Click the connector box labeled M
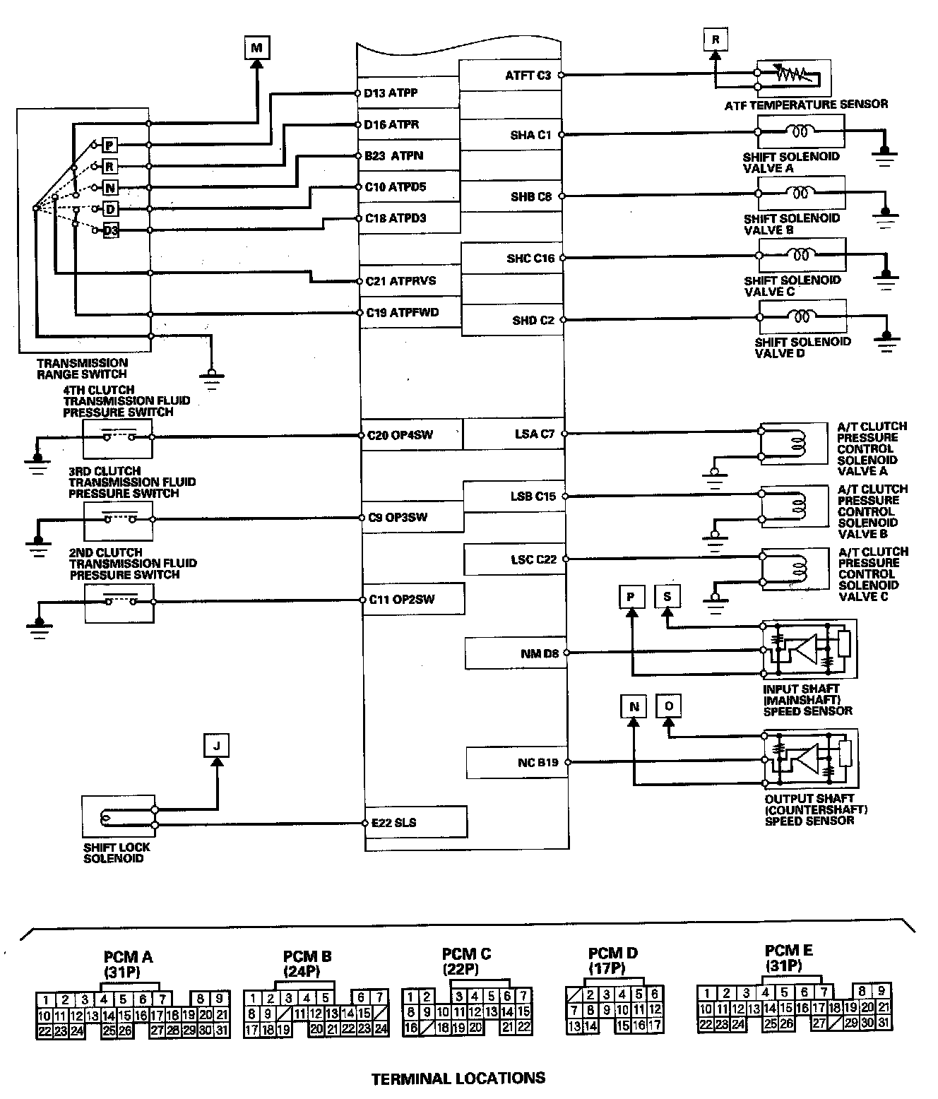pos(256,48)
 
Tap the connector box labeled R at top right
pos(716,40)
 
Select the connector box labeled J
pos(217,745)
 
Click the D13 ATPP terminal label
pos(391,93)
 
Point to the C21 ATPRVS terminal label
pos(400,281)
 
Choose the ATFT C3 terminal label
pos(528,75)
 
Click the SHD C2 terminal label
pos(533,321)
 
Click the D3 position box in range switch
pos(111,230)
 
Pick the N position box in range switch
pos(109,188)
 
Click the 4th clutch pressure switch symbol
pos(118,437)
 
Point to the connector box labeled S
pos(667,597)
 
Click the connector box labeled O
pos(669,706)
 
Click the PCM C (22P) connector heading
pos(466,961)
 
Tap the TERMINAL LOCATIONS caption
pos(458,1079)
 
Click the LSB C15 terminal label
pos(533,497)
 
